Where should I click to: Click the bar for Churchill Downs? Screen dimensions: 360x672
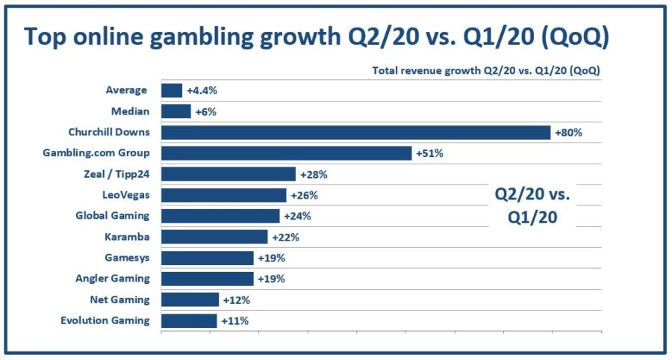tap(355, 132)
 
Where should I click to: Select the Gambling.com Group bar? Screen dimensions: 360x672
tap(286, 153)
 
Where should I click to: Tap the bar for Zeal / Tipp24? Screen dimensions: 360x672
tap(228, 174)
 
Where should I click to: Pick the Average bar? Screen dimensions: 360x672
tap(172, 90)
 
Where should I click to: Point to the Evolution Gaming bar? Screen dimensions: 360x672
tap(189, 320)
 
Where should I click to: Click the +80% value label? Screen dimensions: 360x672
tap(567, 133)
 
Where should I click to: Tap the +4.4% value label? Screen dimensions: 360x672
tap(202, 91)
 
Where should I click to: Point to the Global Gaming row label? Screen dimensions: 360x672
tap(113, 216)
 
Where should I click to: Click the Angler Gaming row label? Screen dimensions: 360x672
tap(113, 279)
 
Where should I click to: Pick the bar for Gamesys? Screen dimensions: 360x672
tap(208, 258)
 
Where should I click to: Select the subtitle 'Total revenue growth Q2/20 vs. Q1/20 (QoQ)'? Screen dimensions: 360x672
tap(486, 71)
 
